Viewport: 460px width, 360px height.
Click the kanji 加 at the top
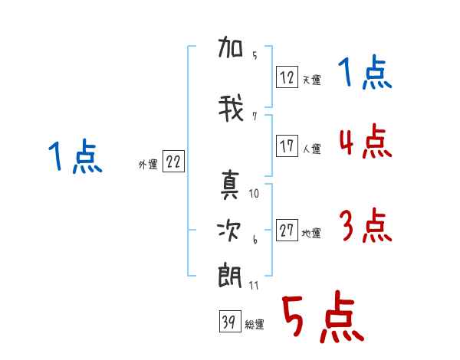pyautogui.click(x=230, y=47)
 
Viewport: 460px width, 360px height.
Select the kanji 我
pyautogui.click(x=231, y=108)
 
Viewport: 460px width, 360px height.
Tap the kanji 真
pyautogui.click(x=230, y=185)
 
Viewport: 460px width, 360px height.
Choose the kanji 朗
pyautogui.click(x=230, y=276)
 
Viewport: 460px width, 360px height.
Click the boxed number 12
pyautogui.click(x=287, y=77)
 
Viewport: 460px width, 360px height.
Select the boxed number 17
pyautogui.click(x=287, y=146)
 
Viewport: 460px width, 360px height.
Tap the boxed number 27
pyautogui.click(x=287, y=230)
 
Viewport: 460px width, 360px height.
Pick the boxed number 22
pyautogui.click(x=173, y=161)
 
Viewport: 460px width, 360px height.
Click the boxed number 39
pyautogui.click(x=230, y=321)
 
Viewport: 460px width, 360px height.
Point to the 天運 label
pyautogui.click(x=311, y=80)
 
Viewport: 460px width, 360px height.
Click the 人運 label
pyautogui.click(x=311, y=149)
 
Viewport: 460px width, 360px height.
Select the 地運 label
pyautogui.click(x=311, y=233)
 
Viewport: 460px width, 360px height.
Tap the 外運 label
pyautogui.click(x=148, y=165)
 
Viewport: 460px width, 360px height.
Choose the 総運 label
pyautogui.click(x=255, y=325)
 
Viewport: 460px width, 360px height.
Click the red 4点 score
pyautogui.click(x=366, y=141)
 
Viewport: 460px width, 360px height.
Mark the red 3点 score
pyautogui.click(x=366, y=225)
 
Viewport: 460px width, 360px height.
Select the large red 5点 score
pyautogui.click(x=323, y=316)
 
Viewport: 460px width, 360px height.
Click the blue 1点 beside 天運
pyautogui.click(x=365, y=71)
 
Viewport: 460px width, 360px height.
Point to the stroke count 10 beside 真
pyautogui.click(x=254, y=194)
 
